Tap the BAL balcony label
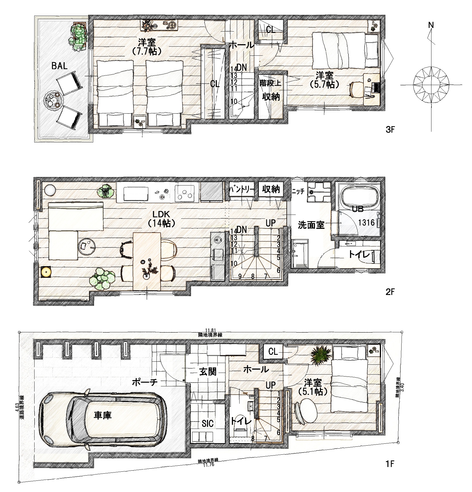(59, 66)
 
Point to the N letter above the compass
(431, 25)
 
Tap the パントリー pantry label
(242, 190)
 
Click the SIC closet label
(207, 424)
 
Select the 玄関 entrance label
(207, 372)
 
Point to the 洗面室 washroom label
(311, 225)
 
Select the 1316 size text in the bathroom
(366, 223)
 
